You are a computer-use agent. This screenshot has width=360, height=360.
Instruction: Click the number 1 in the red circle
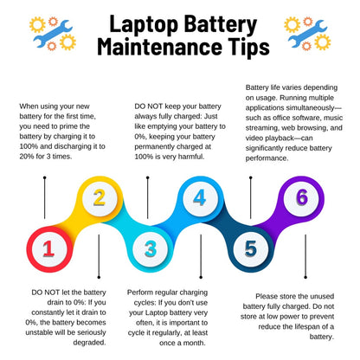coord(48,250)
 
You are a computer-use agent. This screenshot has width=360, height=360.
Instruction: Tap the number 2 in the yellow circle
coord(100,199)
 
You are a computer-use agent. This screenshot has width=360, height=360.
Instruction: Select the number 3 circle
coord(150,250)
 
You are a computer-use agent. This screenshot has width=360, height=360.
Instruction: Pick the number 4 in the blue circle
coord(200,199)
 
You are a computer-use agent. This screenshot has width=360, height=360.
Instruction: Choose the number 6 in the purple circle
coord(301,198)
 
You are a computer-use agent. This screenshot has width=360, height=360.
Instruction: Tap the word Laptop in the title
coord(145,22)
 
